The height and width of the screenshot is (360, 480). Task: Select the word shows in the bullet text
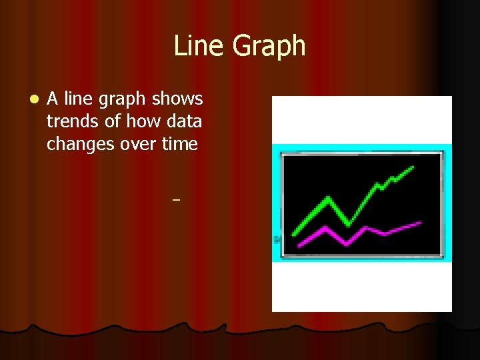[177, 99]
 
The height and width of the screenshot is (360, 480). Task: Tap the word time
[181, 144]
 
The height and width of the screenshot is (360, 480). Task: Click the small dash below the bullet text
[176, 199]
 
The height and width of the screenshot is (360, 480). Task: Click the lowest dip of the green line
[348, 225]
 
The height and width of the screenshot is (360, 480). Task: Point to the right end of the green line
[413, 167]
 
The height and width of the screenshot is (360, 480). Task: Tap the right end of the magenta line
[420, 223]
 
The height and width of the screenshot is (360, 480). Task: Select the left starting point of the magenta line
[299, 245]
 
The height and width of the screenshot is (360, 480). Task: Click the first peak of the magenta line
[325, 228]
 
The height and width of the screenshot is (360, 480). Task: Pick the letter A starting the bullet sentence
[53, 99]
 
